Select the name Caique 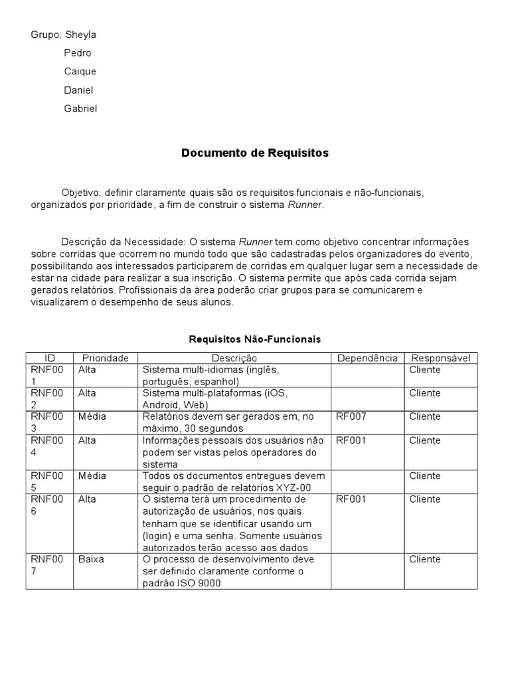coord(80,71)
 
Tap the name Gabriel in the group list coord(80,108)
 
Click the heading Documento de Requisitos coord(255,153)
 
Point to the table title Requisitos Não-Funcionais coord(255,339)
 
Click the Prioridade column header coord(105,358)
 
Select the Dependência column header coord(367,358)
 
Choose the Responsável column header coord(440,358)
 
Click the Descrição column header coord(234,358)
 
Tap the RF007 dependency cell coord(351,416)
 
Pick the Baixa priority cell coord(91,559)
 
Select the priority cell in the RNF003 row coord(92,416)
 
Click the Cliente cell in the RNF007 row coord(425,559)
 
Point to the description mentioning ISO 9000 coord(228,571)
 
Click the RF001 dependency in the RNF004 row coord(351,440)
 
